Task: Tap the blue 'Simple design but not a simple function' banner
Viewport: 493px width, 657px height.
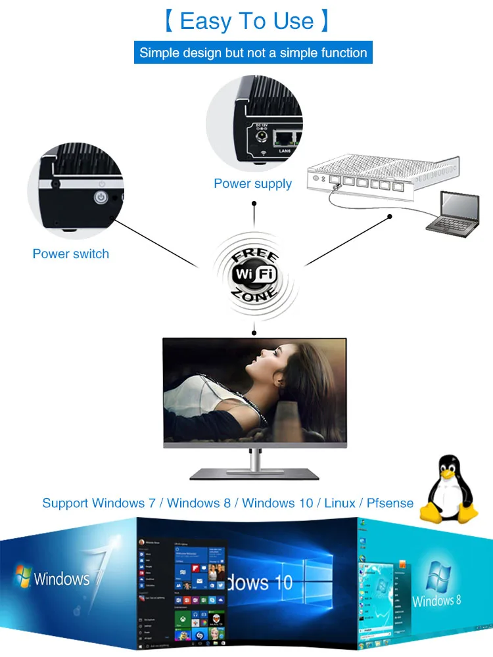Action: pos(253,53)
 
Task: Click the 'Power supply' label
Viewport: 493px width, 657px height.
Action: pos(252,183)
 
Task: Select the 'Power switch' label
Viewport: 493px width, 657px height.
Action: pos(71,254)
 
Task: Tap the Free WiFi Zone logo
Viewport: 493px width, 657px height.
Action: pos(256,274)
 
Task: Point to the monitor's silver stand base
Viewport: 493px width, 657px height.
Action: pos(255,473)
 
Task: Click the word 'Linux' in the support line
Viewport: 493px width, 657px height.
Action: pos(339,503)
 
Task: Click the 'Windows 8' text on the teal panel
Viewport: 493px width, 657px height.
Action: pos(436,600)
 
